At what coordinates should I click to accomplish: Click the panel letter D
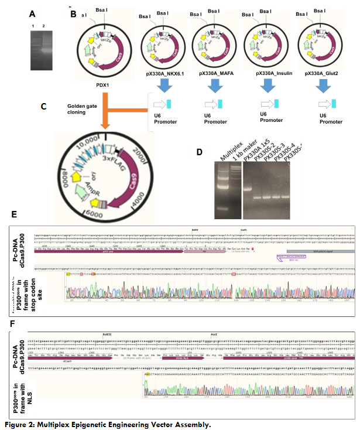[x=201, y=153]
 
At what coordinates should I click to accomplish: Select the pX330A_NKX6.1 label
[x=163, y=74]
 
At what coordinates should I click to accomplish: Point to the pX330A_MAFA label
[x=214, y=74]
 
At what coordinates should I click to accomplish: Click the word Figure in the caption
[x=16, y=424]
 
